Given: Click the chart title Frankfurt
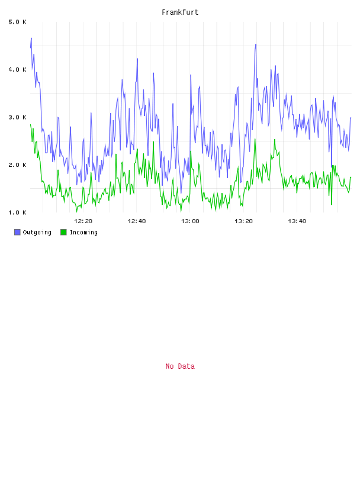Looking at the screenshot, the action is tap(180, 12).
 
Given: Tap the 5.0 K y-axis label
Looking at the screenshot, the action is tap(17, 22).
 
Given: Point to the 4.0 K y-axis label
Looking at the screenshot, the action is tap(17, 70).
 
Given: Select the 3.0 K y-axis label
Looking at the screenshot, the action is tap(17, 117).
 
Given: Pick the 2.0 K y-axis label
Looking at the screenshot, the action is tap(17, 165).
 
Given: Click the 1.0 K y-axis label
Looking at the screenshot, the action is tap(17, 212).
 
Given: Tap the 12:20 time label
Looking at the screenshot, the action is tap(83, 221).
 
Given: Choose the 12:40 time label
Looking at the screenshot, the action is tap(137, 221).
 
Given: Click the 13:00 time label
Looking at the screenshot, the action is tap(190, 221).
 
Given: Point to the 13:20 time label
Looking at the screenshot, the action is tap(243, 221).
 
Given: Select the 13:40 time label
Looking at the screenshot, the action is tap(297, 221).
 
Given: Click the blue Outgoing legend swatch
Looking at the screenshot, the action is tap(17, 232).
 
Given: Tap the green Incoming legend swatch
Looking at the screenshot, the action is tap(63, 232).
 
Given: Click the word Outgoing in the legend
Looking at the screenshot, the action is tap(37, 232).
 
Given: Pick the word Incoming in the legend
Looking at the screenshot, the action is tap(83, 232).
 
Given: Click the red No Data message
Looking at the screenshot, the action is tap(180, 366).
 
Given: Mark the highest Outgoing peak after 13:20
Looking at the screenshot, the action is tap(256, 44).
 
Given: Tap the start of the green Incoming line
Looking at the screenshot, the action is tap(30, 124).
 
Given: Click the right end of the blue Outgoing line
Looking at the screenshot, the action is tap(351, 118).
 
